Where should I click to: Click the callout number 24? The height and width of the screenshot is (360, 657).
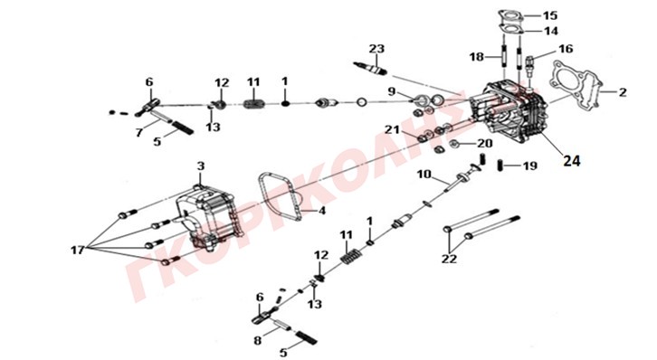click(x=572, y=160)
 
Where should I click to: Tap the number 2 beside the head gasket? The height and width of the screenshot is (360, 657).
click(x=623, y=92)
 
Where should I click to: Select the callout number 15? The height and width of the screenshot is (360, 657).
click(x=550, y=16)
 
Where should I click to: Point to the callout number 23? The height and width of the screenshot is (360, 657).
click(x=376, y=49)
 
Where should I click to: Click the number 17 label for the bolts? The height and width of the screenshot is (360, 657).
click(x=78, y=250)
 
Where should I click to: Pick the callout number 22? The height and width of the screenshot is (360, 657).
click(x=449, y=259)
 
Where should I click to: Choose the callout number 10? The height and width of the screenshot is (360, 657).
click(x=424, y=174)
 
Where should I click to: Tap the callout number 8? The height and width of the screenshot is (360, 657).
click(x=258, y=340)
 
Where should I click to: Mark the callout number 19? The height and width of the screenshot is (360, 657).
click(x=530, y=166)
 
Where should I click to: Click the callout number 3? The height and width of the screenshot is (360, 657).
click(x=201, y=166)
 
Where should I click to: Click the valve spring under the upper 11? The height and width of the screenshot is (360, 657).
click(x=254, y=103)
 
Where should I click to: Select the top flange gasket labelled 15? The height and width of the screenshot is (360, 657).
click(x=509, y=15)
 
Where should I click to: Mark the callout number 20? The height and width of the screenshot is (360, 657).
click(x=484, y=144)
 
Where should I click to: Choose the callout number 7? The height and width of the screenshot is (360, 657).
click(x=139, y=132)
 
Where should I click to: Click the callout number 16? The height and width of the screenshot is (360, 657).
click(x=566, y=49)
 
